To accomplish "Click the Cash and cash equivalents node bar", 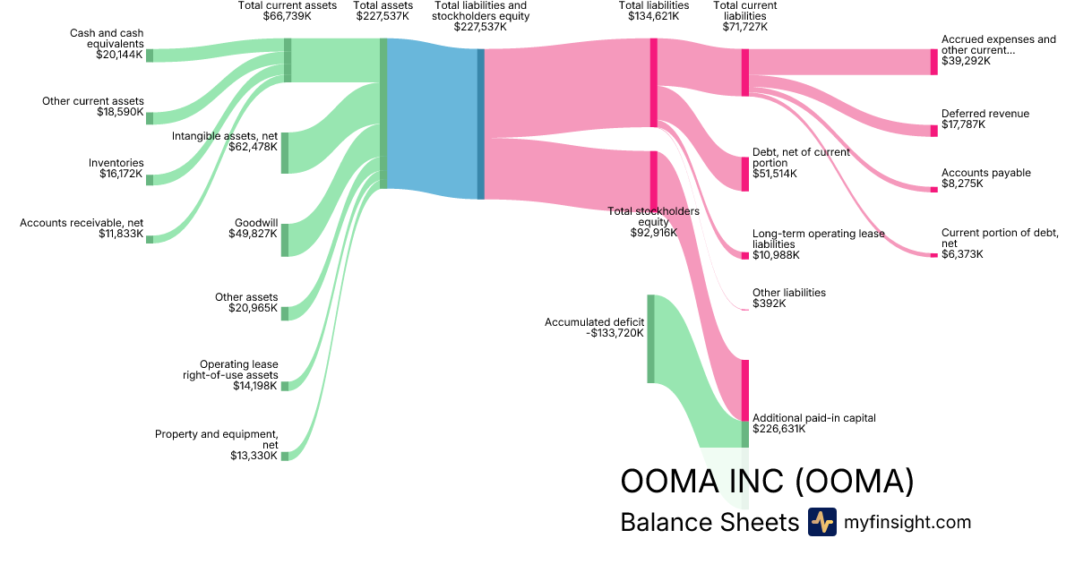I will [x=150, y=56].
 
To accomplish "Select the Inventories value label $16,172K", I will [x=121, y=174].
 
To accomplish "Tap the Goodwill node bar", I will [x=285, y=240].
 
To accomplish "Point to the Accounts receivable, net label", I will [x=82, y=223].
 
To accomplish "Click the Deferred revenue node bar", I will [x=933, y=131].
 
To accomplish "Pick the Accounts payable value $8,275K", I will [x=962, y=184].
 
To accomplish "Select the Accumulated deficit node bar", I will [x=651, y=338].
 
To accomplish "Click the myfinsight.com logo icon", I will [x=821, y=522].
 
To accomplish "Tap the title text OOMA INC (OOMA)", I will [x=767, y=482].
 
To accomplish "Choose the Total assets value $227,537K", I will [x=383, y=16].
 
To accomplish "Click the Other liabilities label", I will [x=788, y=293].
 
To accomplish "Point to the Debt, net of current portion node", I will [x=744, y=174].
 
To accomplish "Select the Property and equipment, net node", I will [x=285, y=456].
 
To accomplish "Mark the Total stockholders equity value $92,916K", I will [x=653, y=233].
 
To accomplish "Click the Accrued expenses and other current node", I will [x=933, y=62].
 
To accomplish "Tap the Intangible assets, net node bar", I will [x=285, y=152].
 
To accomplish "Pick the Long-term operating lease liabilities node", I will [x=744, y=255].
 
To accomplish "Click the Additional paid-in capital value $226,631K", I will [x=778, y=429].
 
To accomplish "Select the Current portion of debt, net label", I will [x=997, y=237].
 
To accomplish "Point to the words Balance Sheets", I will [x=709, y=522].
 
